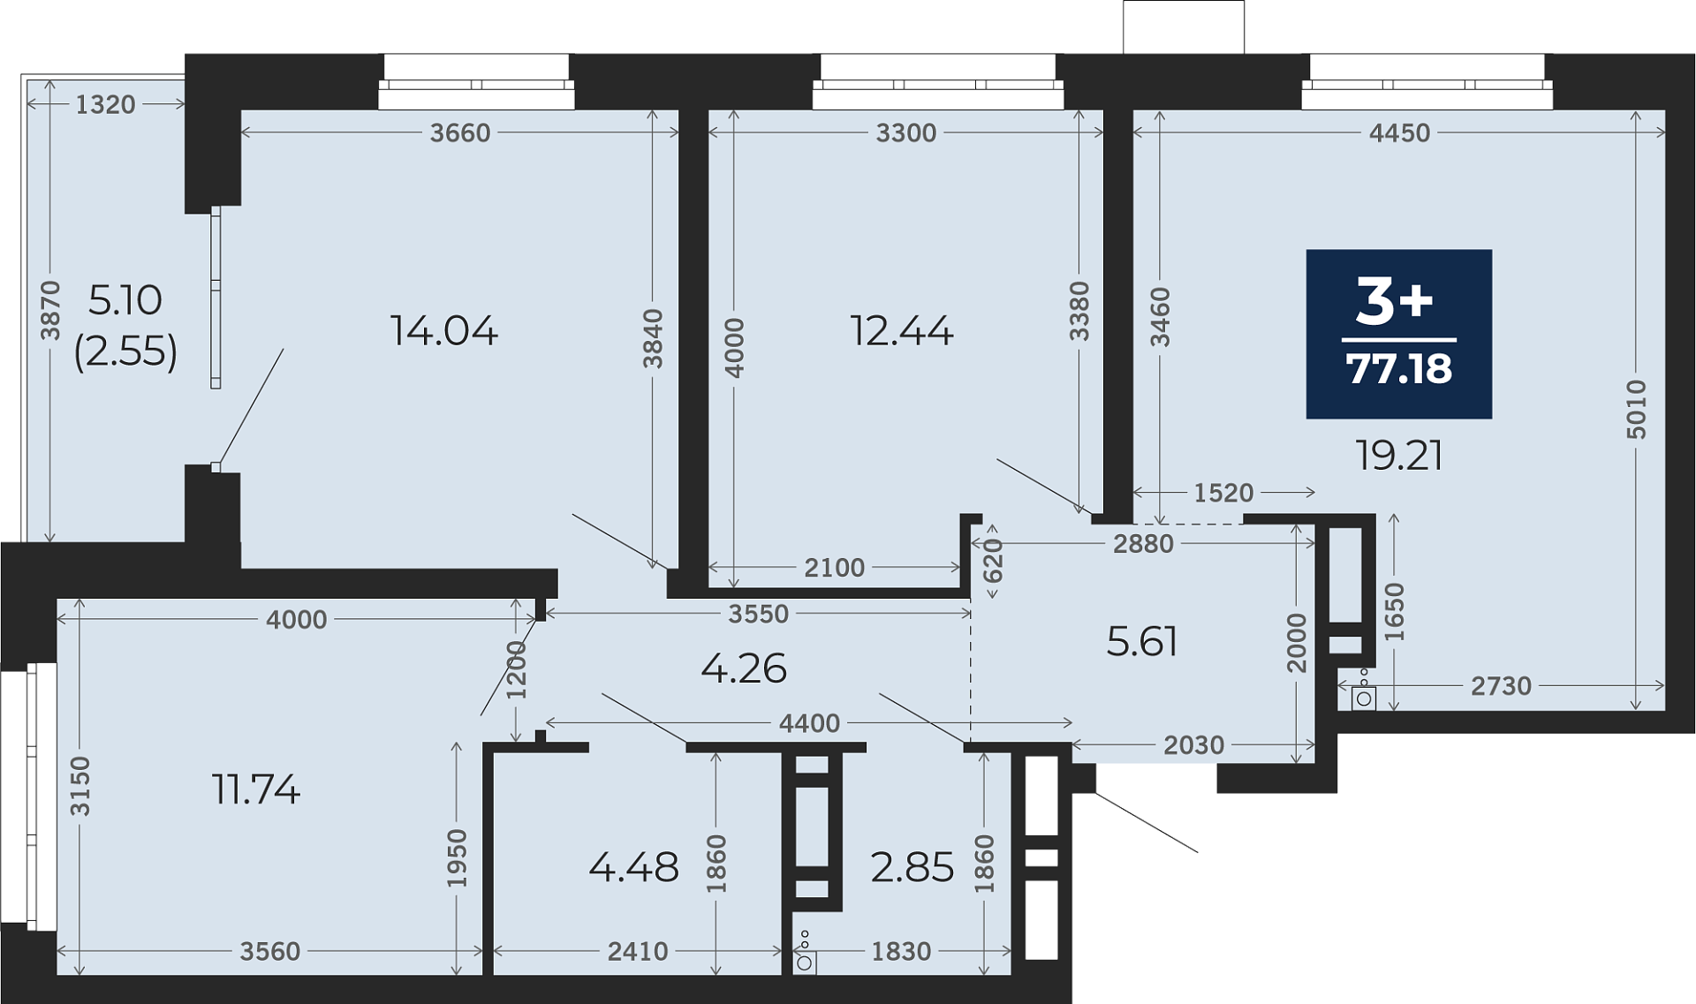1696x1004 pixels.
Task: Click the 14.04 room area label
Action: click(x=444, y=331)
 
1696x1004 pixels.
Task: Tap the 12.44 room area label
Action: click(x=902, y=331)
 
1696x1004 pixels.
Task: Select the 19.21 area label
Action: click(x=1399, y=456)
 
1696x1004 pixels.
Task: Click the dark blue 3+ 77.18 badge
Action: click(x=1399, y=334)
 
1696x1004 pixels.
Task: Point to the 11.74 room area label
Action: click(x=256, y=789)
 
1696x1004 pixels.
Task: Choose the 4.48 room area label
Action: click(x=634, y=868)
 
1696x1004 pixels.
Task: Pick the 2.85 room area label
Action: click(x=912, y=868)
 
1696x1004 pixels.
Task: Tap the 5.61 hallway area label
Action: click(x=1142, y=642)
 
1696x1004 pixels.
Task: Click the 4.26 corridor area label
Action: click(x=744, y=668)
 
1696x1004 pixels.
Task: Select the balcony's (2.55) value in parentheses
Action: click(x=125, y=351)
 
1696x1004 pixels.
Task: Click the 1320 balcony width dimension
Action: click(x=105, y=104)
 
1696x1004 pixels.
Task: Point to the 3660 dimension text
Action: click(x=460, y=132)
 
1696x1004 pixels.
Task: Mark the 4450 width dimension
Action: click(x=1399, y=132)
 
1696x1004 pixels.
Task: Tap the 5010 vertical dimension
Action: click(x=1637, y=410)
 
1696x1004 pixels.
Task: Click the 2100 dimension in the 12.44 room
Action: click(x=835, y=567)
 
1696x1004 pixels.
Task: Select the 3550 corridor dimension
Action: click(x=758, y=614)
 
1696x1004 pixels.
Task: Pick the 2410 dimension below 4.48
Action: click(x=638, y=951)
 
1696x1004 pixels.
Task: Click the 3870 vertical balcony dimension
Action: click(x=51, y=310)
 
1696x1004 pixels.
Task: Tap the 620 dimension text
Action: click(x=994, y=561)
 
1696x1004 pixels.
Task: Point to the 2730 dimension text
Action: click(x=1501, y=685)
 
